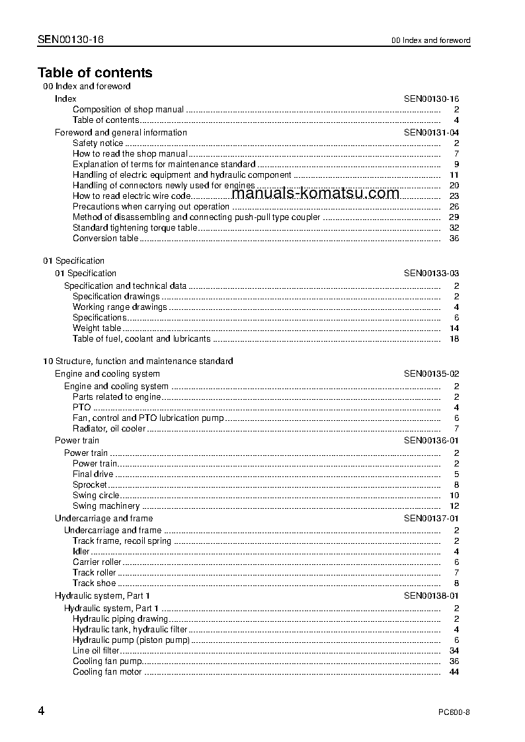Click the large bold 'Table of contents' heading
tap(95, 73)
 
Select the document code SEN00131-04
tap(431, 132)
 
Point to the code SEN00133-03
tap(431, 273)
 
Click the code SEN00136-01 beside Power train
tap(431, 440)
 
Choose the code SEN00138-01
tap(431, 595)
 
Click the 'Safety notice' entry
tap(98, 143)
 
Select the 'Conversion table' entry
tap(105, 238)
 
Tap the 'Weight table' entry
tap(97, 328)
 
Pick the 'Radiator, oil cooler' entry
tap(108, 428)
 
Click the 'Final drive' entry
tap(93, 474)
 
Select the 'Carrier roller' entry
tap(97, 562)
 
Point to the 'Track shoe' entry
tap(94, 583)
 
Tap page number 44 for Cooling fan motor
tap(454, 671)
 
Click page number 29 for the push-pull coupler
tap(454, 217)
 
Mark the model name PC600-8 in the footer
tap(454, 712)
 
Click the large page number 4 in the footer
tap(42, 711)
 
